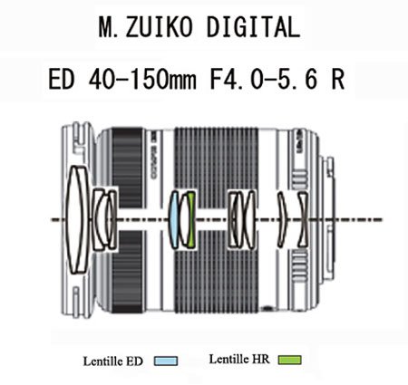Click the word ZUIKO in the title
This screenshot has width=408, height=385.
click(x=159, y=27)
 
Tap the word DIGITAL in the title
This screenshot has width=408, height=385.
click(x=253, y=27)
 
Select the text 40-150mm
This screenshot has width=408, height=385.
click(x=142, y=80)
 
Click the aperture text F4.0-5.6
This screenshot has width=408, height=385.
click(x=264, y=80)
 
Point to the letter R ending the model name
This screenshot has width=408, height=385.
click(x=337, y=80)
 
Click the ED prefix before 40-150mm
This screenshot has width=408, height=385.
click(x=61, y=80)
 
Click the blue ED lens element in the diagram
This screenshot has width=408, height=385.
click(x=173, y=219)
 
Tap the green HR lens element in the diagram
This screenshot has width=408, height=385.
click(x=191, y=219)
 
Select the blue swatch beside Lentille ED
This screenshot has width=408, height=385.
click(x=166, y=361)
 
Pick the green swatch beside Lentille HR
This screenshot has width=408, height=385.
click(x=289, y=360)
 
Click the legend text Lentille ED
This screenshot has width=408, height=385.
click(x=112, y=361)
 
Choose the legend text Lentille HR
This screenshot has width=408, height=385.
click(x=238, y=360)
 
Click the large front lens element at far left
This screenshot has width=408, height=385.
click(x=73, y=219)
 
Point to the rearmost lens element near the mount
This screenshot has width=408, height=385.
click(x=303, y=219)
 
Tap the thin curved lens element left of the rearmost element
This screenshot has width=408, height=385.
click(x=282, y=219)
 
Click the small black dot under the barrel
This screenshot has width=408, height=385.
click(x=267, y=309)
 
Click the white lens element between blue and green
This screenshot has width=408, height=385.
click(x=183, y=219)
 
